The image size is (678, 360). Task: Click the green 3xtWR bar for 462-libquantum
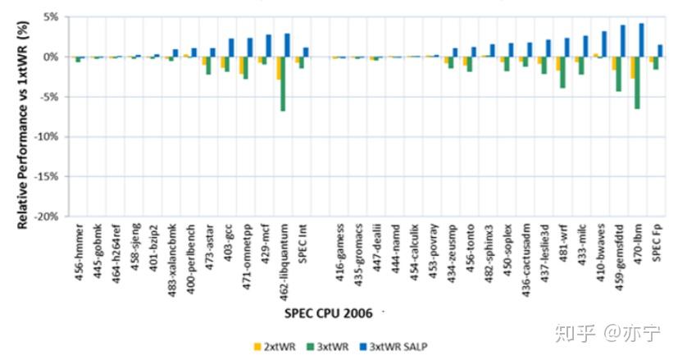coord(283,83)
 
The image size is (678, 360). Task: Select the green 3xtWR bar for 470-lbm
coord(636,82)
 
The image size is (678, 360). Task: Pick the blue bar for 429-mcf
coord(269,46)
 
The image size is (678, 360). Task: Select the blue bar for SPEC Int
coord(306,52)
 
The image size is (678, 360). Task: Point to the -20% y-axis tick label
coord(46,216)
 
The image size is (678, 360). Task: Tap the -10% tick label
coord(46,137)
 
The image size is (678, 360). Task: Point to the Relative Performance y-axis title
coord(11,115)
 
